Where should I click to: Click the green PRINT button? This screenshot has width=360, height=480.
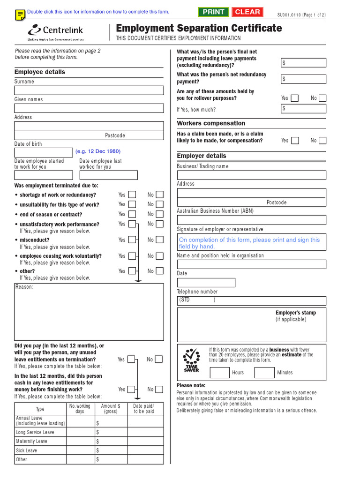pyautogui.click(x=213, y=12)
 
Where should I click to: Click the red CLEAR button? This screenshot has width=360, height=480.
pyautogui.click(x=247, y=12)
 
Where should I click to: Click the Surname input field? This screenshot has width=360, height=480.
pyautogui.click(x=89, y=90)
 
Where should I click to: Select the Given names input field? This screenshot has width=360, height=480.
pyautogui.click(x=89, y=108)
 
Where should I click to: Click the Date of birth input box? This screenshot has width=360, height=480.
pyautogui.click(x=44, y=152)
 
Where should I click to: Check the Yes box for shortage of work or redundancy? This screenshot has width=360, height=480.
pyautogui.click(x=133, y=195)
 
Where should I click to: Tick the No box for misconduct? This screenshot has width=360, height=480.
pyautogui.click(x=160, y=240)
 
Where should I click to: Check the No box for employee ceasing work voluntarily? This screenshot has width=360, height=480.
pyautogui.click(x=160, y=256)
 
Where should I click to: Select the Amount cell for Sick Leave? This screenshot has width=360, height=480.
pyautogui.click(x=111, y=450)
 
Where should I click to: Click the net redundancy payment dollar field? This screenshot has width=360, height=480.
pyautogui.click(x=303, y=79)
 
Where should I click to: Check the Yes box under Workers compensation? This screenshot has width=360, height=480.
pyautogui.click(x=294, y=141)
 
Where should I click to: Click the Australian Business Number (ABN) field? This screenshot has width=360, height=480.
pyautogui.click(x=251, y=220)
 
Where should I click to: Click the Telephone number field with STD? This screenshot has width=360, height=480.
pyautogui.click(x=251, y=300)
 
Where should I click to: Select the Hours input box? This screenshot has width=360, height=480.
pyautogui.click(x=219, y=373)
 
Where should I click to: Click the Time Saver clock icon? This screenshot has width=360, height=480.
pyautogui.click(x=191, y=360)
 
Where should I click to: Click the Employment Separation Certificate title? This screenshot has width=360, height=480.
pyautogui.click(x=199, y=28)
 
